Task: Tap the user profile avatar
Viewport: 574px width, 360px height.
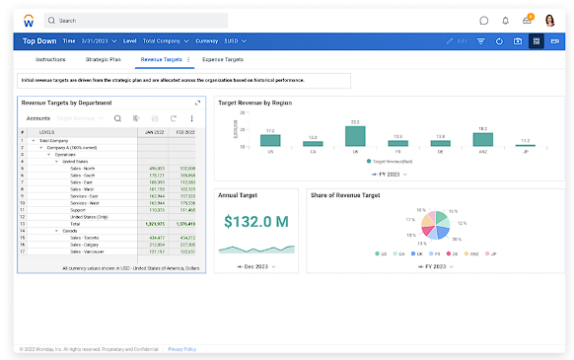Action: (x=549, y=20)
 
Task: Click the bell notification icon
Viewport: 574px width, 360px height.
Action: (x=505, y=20)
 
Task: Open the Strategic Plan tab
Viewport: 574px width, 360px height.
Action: (x=104, y=60)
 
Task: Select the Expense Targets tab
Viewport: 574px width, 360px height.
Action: (x=223, y=60)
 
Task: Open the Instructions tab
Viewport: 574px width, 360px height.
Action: (x=50, y=60)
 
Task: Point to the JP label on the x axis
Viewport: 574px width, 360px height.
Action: (x=524, y=153)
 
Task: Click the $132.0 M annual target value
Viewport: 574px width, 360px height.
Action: (x=255, y=221)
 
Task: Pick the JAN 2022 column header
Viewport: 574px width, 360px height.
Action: (x=153, y=131)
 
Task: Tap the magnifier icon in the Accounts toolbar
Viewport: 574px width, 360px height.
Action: (x=117, y=118)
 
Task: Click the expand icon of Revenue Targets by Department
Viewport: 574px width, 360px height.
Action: (x=197, y=103)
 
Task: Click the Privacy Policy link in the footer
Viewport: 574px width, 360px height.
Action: (x=181, y=348)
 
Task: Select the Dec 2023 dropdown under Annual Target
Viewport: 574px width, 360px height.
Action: (x=255, y=266)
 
